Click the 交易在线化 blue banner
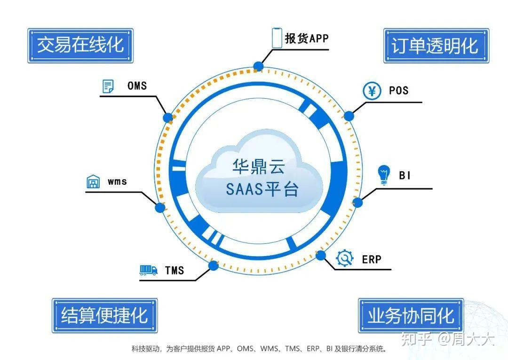(80, 46)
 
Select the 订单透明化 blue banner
(436, 46)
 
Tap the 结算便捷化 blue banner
(104, 315)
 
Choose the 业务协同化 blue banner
(411, 315)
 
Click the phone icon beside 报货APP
(277, 38)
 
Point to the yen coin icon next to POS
(372, 91)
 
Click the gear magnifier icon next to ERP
(345, 258)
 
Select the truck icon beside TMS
(148, 270)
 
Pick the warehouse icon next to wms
(94, 182)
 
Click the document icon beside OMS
(108, 86)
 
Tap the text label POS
(398, 90)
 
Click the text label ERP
(372, 259)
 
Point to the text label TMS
(174, 270)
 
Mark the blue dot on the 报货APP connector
(258, 66)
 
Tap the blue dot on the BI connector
(357, 203)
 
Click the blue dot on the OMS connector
(168, 117)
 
